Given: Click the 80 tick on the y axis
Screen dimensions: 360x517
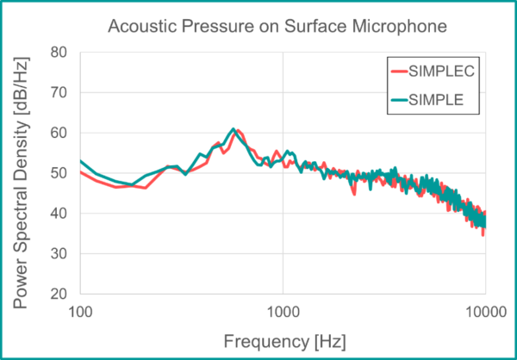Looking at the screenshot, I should point(60,52).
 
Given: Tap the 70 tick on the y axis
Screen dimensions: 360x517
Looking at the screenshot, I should point(60,92).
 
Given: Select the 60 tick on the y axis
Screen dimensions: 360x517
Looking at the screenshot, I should point(60,133).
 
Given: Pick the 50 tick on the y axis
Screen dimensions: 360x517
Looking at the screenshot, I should point(60,173).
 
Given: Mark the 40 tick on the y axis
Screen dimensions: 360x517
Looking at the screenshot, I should point(60,214).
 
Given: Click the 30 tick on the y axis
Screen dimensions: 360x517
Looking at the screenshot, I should point(60,254).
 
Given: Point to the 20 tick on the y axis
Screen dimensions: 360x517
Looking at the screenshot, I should point(60,294).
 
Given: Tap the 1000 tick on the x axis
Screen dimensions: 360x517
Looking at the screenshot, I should point(283,310).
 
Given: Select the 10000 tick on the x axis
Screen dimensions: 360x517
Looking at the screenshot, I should point(485,310).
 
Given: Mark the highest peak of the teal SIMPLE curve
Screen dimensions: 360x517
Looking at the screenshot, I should point(233,129).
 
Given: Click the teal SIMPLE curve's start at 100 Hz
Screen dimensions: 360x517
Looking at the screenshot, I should point(81,161).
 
